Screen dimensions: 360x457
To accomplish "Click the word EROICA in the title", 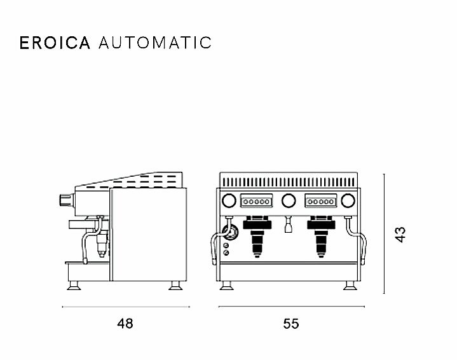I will click(x=55, y=43).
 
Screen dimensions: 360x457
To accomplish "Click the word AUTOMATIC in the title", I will click(x=155, y=43).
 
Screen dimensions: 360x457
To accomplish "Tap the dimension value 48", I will click(x=125, y=324).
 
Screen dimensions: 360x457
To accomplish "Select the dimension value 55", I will click(x=290, y=324).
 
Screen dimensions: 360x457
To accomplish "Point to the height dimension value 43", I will click(x=400, y=233).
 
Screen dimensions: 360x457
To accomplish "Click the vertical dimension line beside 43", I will click(x=385, y=233).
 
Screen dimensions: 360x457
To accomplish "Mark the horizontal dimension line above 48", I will click(x=125, y=307).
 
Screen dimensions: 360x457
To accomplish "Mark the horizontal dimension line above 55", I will click(x=290, y=307).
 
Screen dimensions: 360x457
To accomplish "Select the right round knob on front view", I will click(x=348, y=201).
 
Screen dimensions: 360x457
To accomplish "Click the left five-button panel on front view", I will click(x=256, y=202).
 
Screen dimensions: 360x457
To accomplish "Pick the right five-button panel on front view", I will click(x=321, y=202).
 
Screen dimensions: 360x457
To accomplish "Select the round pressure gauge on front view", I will click(x=229, y=233).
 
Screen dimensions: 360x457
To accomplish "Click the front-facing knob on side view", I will click(x=64, y=199).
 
